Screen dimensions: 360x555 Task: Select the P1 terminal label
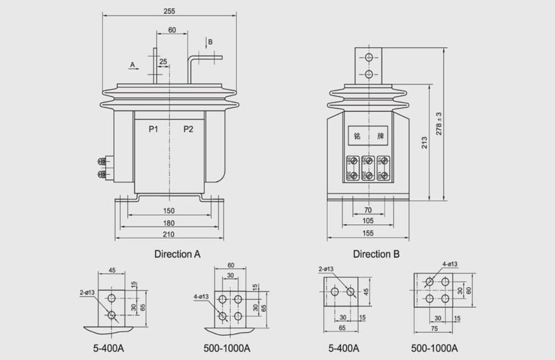(x=153, y=129)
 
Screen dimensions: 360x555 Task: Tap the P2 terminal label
(x=188, y=129)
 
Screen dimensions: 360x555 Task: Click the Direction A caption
(x=177, y=254)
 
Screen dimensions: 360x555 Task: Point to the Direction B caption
(x=376, y=254)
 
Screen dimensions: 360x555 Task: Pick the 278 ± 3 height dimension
(x=439, y=124)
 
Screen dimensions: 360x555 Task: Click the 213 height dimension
(x=424, y=142)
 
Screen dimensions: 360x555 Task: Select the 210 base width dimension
(x=169, y=235)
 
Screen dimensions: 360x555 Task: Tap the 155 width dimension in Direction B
(x=368, y=233)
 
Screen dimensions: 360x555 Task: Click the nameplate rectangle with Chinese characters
(x=368, y=137)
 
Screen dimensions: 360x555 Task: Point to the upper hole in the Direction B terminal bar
(x=368, y=58)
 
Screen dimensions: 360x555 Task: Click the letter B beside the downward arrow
(x=210, y=42)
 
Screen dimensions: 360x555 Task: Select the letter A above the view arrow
(x=133, y=65)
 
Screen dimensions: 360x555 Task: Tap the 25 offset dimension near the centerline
(x=163, y=62)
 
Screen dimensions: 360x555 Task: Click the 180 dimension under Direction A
(x=169, y=223)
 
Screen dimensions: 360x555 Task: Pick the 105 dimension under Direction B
(x=368, y=221)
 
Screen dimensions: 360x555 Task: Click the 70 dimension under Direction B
(x=368, y=210)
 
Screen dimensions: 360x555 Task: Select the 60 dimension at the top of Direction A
(x=172, y=30)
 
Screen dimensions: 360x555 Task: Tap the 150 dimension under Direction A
(x=169, y=210)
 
